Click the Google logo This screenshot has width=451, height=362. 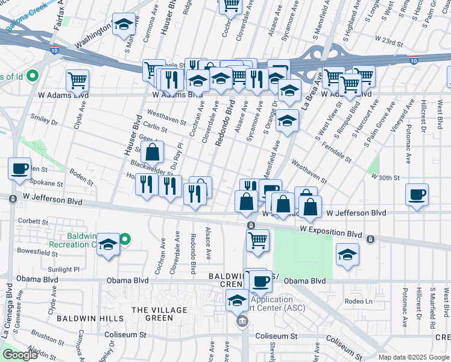point(20,355)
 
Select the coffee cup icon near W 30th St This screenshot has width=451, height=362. point(417,195)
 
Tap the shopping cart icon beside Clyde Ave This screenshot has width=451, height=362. point(78,80)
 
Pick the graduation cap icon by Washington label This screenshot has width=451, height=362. point(124,25)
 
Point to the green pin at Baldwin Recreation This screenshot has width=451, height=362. point(125,240)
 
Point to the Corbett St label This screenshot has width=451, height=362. point(33,221)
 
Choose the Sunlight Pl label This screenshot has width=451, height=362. point(63,270)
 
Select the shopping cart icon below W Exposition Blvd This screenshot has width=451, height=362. point(257,240)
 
